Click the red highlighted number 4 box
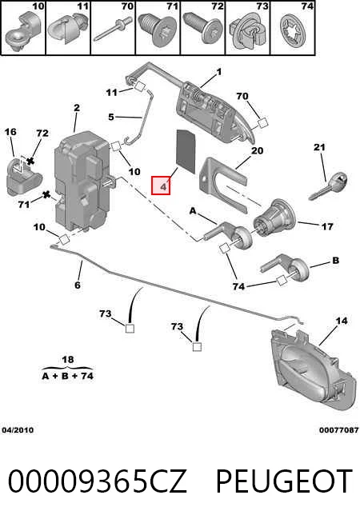[x=161, y=186]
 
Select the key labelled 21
[x=328, y=186]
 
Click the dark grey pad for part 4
[x=186, y=151]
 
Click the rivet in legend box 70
[x=113, y=28]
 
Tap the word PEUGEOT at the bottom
[x=284, y=481]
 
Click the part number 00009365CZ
[x=97, y=481]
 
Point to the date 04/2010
[x=18, y=430]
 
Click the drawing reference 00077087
[x=338, y=430]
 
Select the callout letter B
[x=336, y=261]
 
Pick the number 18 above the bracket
[x=68, y=360]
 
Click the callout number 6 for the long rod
[x=78, y=285]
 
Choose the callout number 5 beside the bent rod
[x=111, y=117]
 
